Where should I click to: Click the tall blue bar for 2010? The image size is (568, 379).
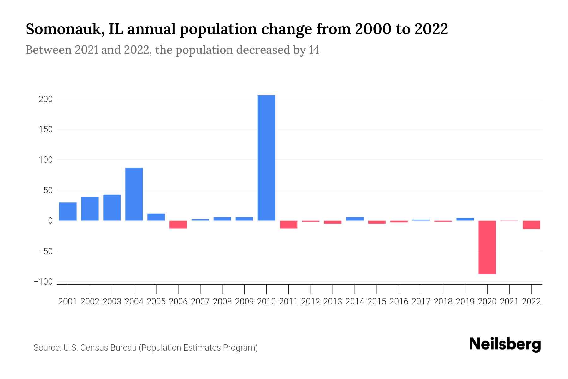[266, 158]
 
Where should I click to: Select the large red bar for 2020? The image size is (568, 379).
[487, 247]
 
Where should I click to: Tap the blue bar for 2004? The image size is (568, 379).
[134, 194]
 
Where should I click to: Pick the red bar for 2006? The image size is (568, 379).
[178, 225]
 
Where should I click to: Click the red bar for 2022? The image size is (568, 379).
[531, 225]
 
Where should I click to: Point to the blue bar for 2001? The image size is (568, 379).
[68, 211]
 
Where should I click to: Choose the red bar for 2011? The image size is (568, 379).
[288, 225]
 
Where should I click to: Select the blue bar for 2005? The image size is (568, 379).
[156, 217]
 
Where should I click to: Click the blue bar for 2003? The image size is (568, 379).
[112, 208]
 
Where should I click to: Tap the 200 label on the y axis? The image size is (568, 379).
[45, 99]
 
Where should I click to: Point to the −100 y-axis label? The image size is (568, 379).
[43, 282]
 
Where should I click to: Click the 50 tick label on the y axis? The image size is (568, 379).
[48, 190]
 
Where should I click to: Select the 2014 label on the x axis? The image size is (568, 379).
[355, 302]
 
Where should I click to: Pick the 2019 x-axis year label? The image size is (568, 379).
[465, 302]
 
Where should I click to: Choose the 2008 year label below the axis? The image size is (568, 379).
[222, 302]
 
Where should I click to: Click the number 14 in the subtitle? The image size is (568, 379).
[314, 50]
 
